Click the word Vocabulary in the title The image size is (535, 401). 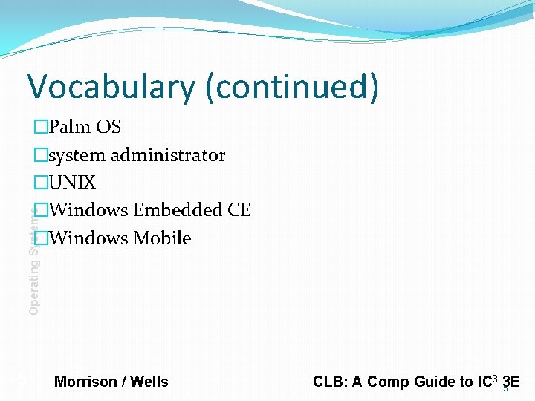(x=111, y=87)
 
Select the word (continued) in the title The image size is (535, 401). (x=292, y=87)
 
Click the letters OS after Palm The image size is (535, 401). (x=108, y=127)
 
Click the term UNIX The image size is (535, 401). (x=72, y=183)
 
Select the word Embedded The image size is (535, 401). (x=178, y=210)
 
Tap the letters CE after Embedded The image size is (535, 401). (x=239, y=210)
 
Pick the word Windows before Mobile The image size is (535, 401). (x=88, y=238)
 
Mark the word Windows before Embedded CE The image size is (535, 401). (x=88, y=210)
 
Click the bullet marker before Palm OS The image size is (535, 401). (x=40, y=128)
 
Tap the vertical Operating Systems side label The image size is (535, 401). (x=33, y=260)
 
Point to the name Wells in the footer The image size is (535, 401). (x=149, y=382)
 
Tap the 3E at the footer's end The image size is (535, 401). (x=510, y=382)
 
